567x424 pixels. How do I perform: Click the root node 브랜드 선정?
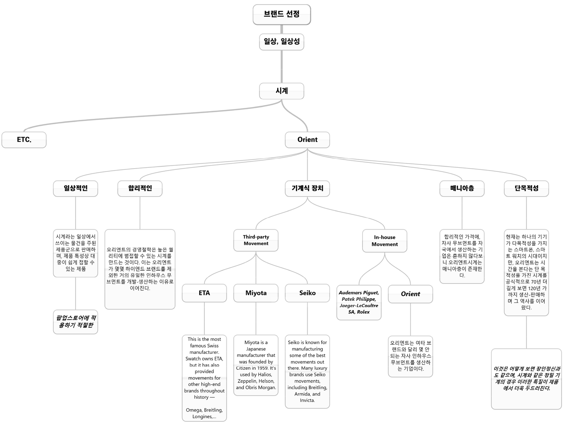click(282, 15)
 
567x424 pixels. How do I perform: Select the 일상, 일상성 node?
click(282, 42)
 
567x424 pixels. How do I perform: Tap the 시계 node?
click(282, 91)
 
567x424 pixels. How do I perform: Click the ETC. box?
click(24, 140)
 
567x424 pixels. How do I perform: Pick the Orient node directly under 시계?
click(307, 140)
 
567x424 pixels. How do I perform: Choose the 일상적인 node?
click(75, 188)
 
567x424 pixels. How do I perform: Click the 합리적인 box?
click(140, 188)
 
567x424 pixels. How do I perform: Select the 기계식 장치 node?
click(307, 188)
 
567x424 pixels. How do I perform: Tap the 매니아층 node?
click(462, 188)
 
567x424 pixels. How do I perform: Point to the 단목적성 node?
click(527, 188)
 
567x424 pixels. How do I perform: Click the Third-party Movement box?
click(256, 240)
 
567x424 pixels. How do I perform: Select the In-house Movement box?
click(384, 241)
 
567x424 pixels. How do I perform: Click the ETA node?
click(204, 293)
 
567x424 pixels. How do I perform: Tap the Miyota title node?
click(256, 293)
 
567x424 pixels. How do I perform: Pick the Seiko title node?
click(307, 293)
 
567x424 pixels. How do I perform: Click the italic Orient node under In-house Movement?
click(410, 294)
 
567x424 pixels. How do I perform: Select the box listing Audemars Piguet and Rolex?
click(359, 303)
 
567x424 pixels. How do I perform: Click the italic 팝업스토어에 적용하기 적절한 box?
click(75, 322)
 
